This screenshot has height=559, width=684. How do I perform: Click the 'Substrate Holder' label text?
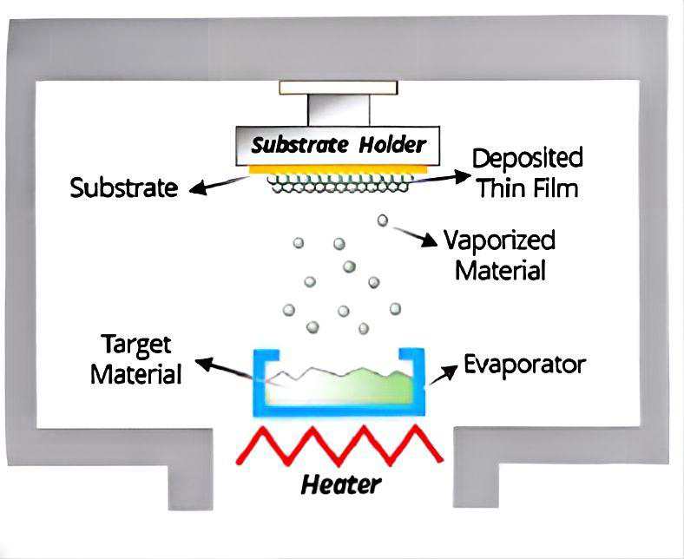(x=339, y=144)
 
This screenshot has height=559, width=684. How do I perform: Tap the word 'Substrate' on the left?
(x=124, y=187)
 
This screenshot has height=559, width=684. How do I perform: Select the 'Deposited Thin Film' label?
(x=526, y=173)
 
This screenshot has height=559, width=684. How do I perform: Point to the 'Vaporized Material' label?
(x=499, y=254)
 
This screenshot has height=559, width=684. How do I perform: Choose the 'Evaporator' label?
(x=524, y=363)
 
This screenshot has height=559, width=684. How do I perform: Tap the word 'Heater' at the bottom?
(x=340, y=483)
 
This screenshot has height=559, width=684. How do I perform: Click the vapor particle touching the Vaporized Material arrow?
(x=382, y=220)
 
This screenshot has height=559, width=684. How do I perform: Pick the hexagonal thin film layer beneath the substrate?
(x=339, y=183)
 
